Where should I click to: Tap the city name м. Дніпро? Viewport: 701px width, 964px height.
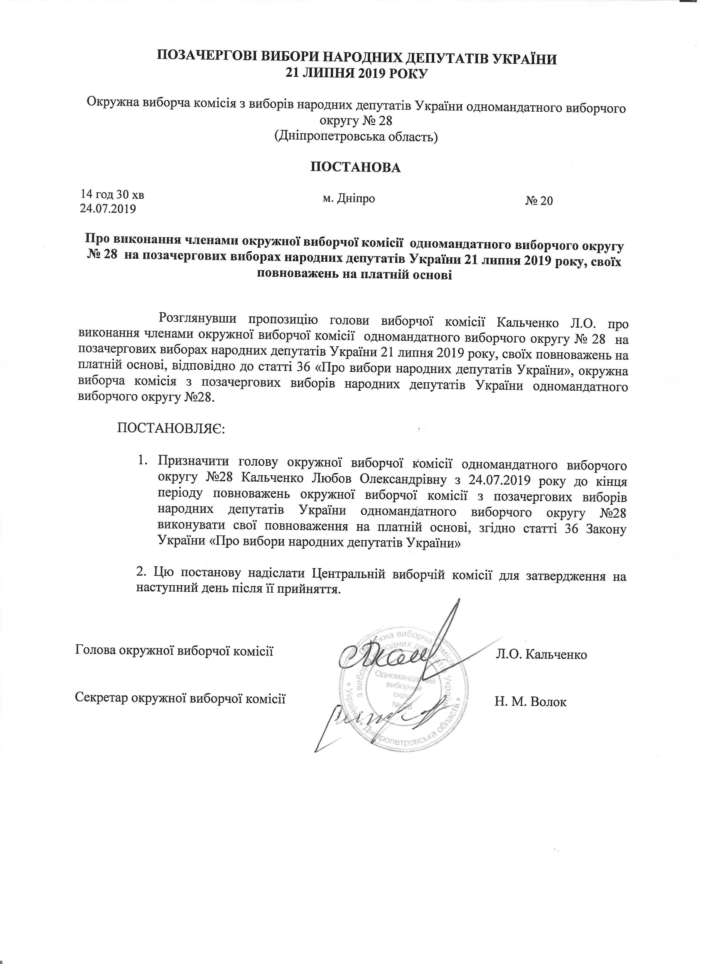(349, 198)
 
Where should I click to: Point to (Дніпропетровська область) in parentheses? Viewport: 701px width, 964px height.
(356, 137)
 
